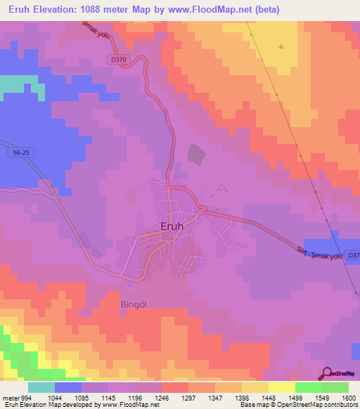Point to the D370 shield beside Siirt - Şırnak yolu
(x=353, y=255)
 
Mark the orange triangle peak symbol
(x=281, y=46)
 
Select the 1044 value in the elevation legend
(x=55, y=396)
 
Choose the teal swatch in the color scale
(x=41, y=387)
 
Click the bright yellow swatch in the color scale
(x=281, y=387)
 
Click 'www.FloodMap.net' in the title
(x=222, y=10)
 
